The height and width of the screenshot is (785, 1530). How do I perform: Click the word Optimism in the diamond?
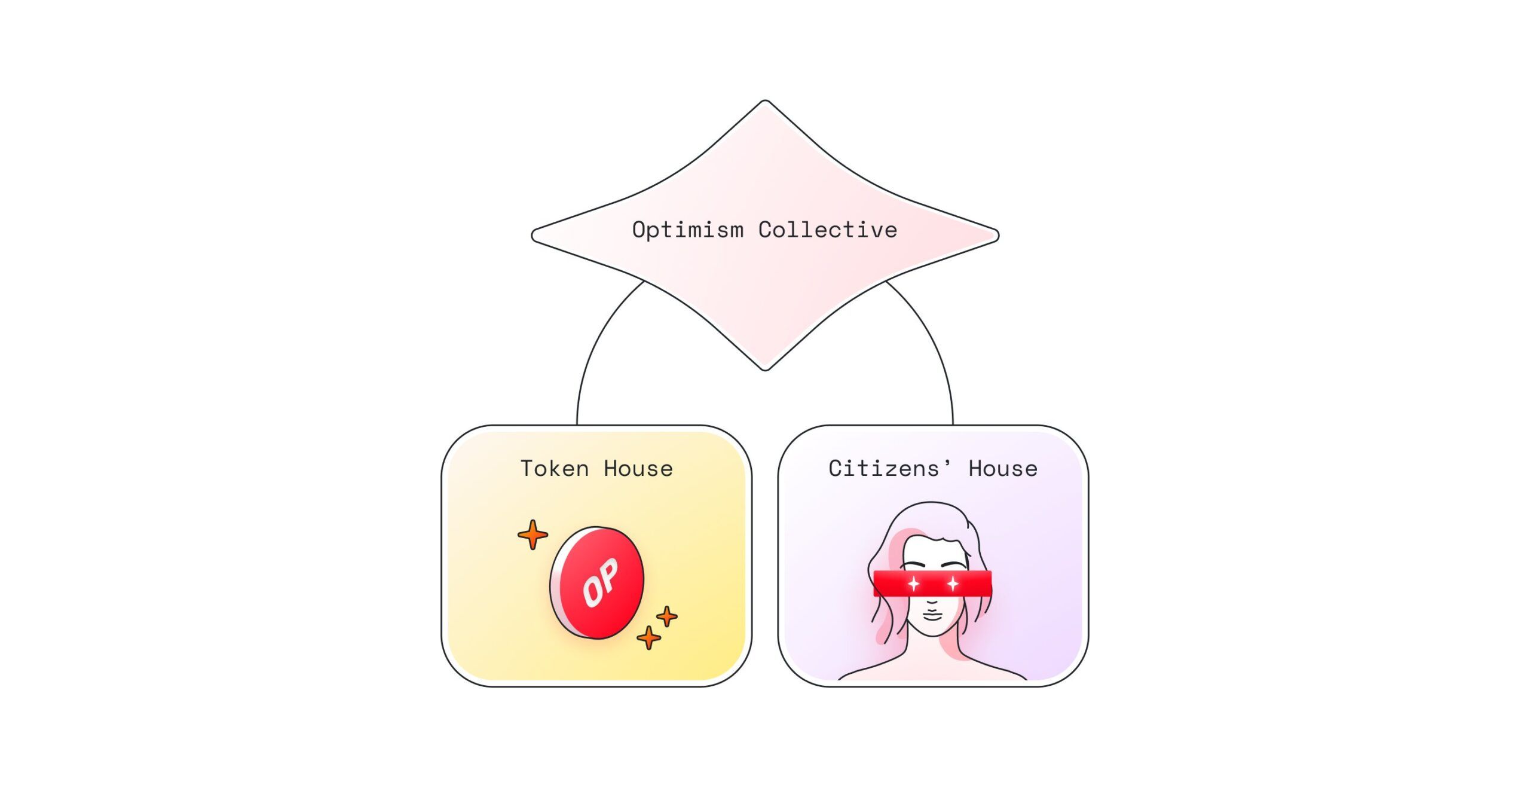(687, 230)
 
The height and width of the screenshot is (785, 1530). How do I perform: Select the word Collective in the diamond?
(828, 230)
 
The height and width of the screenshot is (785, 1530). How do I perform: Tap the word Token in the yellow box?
(555, 469)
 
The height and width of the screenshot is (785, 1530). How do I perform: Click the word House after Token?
(638, 469)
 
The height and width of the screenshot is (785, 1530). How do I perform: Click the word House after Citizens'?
(1003, 469)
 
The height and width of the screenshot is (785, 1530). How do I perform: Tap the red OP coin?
(596, 582)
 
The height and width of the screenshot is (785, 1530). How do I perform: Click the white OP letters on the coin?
(600, 582)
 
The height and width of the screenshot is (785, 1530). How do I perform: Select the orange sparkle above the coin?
(533, 534)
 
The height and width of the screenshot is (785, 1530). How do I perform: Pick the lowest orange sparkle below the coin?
(648, 637)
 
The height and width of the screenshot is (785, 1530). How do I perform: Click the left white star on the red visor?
(913, 583)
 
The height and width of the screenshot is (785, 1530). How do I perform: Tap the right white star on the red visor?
(953, 583)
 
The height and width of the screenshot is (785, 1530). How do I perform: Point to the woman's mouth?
(932, 616)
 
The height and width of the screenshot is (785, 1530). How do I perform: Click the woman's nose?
(932, 601)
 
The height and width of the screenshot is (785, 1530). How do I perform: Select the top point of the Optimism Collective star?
(765, 103)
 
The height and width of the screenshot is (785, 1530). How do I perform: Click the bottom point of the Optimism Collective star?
(765, 368)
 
